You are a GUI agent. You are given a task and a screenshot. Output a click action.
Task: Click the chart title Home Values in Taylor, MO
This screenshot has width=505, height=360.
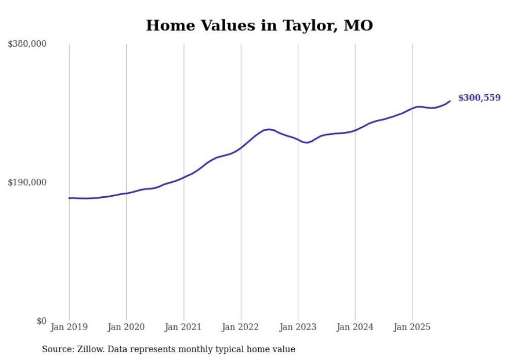tap(259, 25)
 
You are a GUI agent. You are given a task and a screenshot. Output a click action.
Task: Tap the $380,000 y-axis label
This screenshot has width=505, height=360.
tap(27, 44)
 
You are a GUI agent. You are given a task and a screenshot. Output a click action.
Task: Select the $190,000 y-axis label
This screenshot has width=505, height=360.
tap(27, 182)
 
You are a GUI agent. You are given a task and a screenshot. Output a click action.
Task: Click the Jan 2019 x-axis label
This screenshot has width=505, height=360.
tap(69, 327)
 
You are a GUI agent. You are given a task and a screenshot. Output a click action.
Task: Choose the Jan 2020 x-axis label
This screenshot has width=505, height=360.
tap(126, 327)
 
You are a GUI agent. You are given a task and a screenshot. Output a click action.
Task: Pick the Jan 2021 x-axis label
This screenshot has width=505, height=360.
tap(183, 327)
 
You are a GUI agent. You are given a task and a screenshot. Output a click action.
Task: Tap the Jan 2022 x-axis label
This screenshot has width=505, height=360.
tap(241, 327)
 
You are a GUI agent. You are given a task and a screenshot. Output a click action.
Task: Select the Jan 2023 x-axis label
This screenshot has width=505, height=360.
tap(298, 327)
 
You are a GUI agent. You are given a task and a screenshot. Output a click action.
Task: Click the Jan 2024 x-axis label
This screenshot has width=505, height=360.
tap(355, 327)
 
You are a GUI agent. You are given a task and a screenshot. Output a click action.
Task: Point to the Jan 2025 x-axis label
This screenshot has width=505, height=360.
tap(412, 327)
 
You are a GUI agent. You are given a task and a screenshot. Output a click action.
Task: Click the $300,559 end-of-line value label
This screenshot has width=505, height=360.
tap(479, 98)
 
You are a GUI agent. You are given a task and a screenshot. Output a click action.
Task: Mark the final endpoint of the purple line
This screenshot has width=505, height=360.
tap(450, 101)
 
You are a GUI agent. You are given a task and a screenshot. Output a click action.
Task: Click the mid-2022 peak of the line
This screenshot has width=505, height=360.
tap(269, 129)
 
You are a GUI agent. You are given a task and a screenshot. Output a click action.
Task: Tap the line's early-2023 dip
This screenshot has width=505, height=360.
tap(307, 142)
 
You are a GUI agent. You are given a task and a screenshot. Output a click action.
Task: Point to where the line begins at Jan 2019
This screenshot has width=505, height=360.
tap(70, 198)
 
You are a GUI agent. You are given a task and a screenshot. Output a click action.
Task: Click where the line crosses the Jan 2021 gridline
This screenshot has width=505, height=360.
tap(183, 177)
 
